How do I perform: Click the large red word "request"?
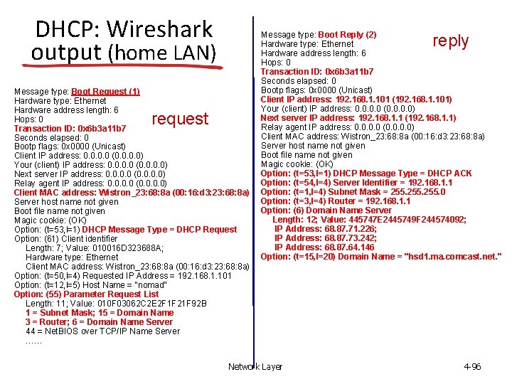(180, 119)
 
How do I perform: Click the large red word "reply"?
(451, 41)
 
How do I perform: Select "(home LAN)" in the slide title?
(161, 53)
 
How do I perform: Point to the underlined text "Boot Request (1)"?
(105, 92)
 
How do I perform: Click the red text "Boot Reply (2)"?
(347, 35)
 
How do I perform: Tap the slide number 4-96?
(471, 367)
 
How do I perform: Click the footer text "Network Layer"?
(255, 367)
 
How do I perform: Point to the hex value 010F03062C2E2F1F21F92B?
(147, 304)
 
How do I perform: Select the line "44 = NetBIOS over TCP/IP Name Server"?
(102, 331)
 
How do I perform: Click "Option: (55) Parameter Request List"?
(86, 294)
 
